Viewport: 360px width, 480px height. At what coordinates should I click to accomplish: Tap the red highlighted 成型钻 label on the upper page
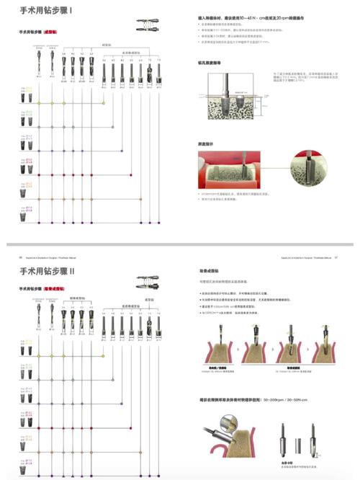click(49, 32)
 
